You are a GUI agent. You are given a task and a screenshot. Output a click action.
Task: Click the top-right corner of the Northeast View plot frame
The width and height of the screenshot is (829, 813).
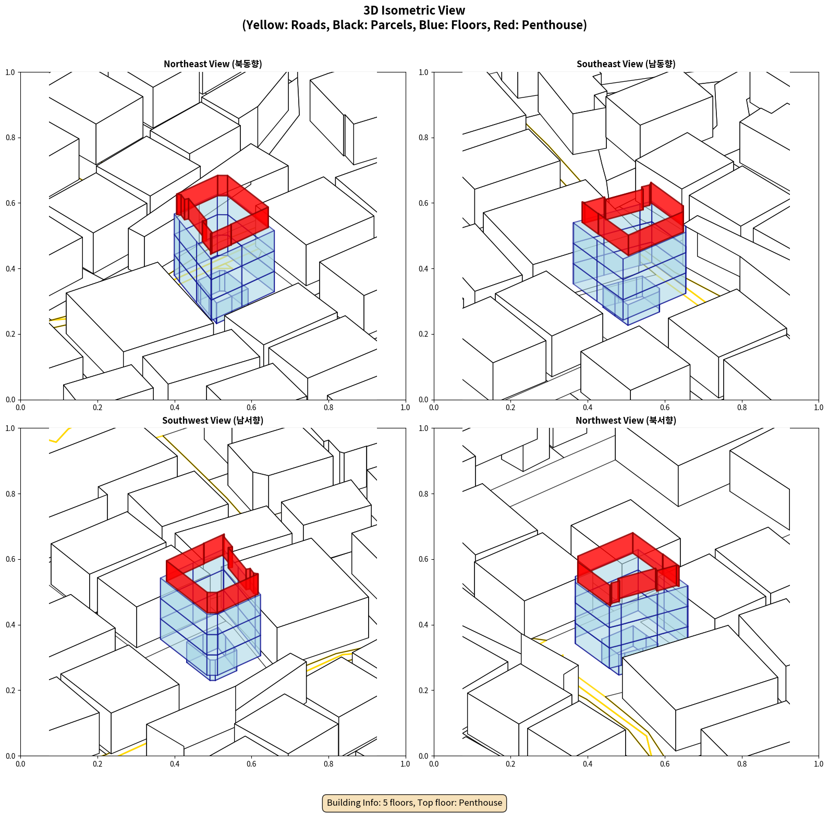pos(406,72)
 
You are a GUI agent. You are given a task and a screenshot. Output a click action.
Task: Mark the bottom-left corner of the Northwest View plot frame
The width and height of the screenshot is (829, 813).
pos(434,756)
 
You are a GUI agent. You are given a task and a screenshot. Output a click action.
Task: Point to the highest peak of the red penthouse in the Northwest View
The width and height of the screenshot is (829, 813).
pos(633,533)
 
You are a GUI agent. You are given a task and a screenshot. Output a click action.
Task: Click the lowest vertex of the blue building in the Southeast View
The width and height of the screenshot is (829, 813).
pos(628,325)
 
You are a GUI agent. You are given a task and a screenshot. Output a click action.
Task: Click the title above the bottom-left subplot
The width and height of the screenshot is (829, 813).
pos(213,421)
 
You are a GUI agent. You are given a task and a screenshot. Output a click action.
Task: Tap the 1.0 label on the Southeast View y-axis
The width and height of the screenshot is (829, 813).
pos(423,72)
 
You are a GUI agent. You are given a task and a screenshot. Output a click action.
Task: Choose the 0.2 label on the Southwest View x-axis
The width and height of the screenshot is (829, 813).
pos(97,764)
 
